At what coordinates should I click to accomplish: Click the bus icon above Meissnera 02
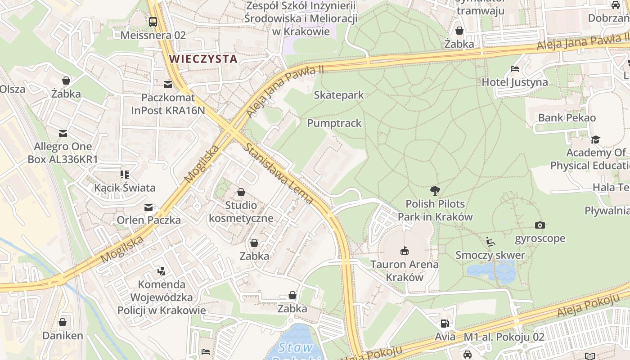click(x=153, y=22)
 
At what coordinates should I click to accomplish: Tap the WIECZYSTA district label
click(x=203, y=59)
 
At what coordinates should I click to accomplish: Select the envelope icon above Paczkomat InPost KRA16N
click(x=168, y=84)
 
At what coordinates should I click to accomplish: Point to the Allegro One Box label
click(x=63, y=153)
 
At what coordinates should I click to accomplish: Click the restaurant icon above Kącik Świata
click(x=125, y=174)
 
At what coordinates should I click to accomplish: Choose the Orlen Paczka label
click(x=148, y=220)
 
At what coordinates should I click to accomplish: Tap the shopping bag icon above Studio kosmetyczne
click(x=241, y=192)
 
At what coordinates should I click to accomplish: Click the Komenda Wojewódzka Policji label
click(x=162, y=297)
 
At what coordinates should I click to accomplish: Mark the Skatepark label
click(x=339, y=95)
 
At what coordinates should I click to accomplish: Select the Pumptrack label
click(x=334, y=123)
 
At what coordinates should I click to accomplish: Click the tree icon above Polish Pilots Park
click(x=435, y=190)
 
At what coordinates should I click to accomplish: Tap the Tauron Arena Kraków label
click(x=405, y=271)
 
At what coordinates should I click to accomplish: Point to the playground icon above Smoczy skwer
click(x=490, y=242)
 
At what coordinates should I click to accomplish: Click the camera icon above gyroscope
click(x=540, y=225)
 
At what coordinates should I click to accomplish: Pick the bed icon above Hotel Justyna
click(x=515, y=69)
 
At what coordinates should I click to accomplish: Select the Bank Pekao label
click(x=567, y=118)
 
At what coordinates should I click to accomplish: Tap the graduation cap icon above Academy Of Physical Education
click(x=596, y=139)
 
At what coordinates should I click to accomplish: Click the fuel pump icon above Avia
click(x=445, y=323)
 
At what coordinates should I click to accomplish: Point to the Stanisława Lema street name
click(x=278, y=174)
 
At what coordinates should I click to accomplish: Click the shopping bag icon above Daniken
click(x=63, y=322)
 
